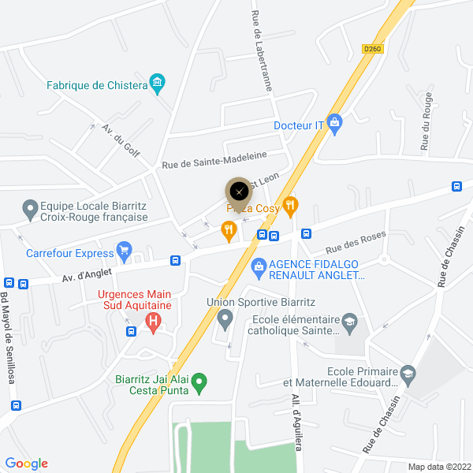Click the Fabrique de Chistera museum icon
(158, 83)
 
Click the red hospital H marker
(154, 321)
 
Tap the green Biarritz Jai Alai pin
(200, 382)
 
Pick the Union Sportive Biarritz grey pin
(225, 319)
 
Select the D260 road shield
(372, 48)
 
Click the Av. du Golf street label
(121, 140)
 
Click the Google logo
(27, 464)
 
